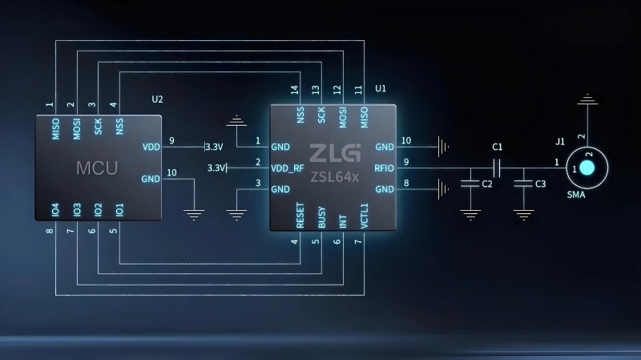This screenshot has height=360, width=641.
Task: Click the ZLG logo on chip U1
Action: [x=335, y=153]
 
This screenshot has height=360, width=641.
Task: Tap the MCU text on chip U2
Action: [x=97, y=168]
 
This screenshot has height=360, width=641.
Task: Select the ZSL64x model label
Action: [x=334, y=177]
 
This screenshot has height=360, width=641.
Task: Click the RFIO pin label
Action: [x=384, y=168]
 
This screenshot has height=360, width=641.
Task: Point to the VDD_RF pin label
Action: [x=288, y=168]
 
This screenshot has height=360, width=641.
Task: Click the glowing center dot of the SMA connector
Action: [x=587, y=168]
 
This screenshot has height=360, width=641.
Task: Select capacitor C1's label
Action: [x=497, y=147]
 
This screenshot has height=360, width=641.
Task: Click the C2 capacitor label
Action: [x=487, y=184]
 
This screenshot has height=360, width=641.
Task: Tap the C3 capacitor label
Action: [x=540, y=184]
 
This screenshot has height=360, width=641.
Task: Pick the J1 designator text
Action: [x=560, y=142]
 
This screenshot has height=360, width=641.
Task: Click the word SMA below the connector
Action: [x=576, y=195]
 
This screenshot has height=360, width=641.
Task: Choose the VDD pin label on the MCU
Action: [x=151, y=147]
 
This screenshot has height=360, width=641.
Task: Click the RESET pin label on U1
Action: [x=300, y=215]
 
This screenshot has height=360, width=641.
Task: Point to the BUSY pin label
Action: [x=322, y=217]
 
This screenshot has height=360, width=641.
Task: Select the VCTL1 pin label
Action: [x=365, y=216]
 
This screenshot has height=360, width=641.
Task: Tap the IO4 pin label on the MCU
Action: [x=55, y=210]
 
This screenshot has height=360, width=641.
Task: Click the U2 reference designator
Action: [x=157, y=99]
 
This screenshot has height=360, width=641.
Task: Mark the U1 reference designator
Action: [x=380, y=88]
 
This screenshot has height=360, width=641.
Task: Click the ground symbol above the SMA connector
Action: [x=587, y=99]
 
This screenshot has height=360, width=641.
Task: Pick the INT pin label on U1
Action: [x=343, y=221]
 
